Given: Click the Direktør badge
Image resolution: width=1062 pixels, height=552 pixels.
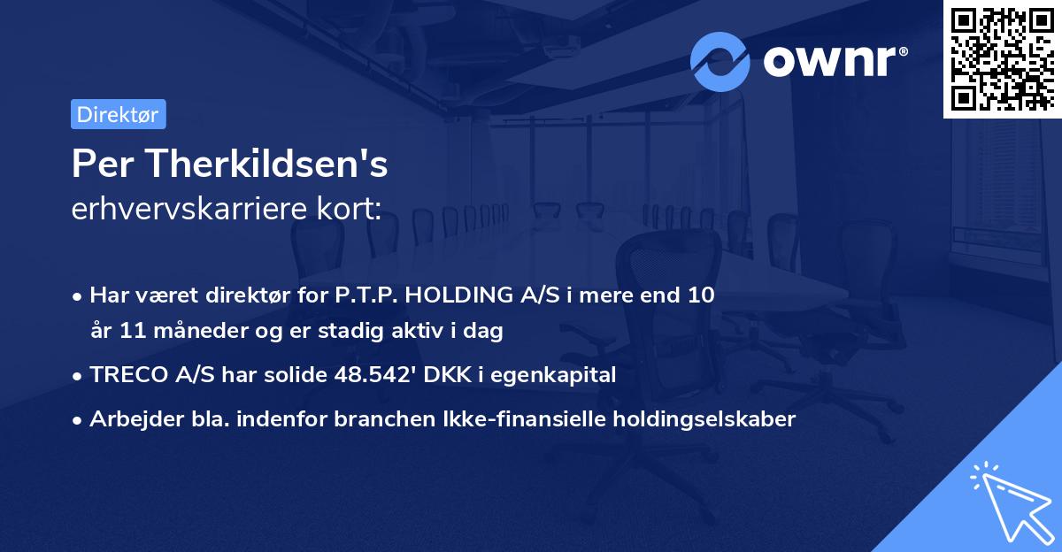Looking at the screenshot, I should [118, 114].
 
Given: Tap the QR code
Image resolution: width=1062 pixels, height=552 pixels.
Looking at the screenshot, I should [1002, 59].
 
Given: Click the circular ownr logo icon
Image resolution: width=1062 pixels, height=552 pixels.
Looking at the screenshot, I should [720, 61].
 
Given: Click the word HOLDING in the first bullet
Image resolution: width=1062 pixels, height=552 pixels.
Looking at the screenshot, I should [450, 295].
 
